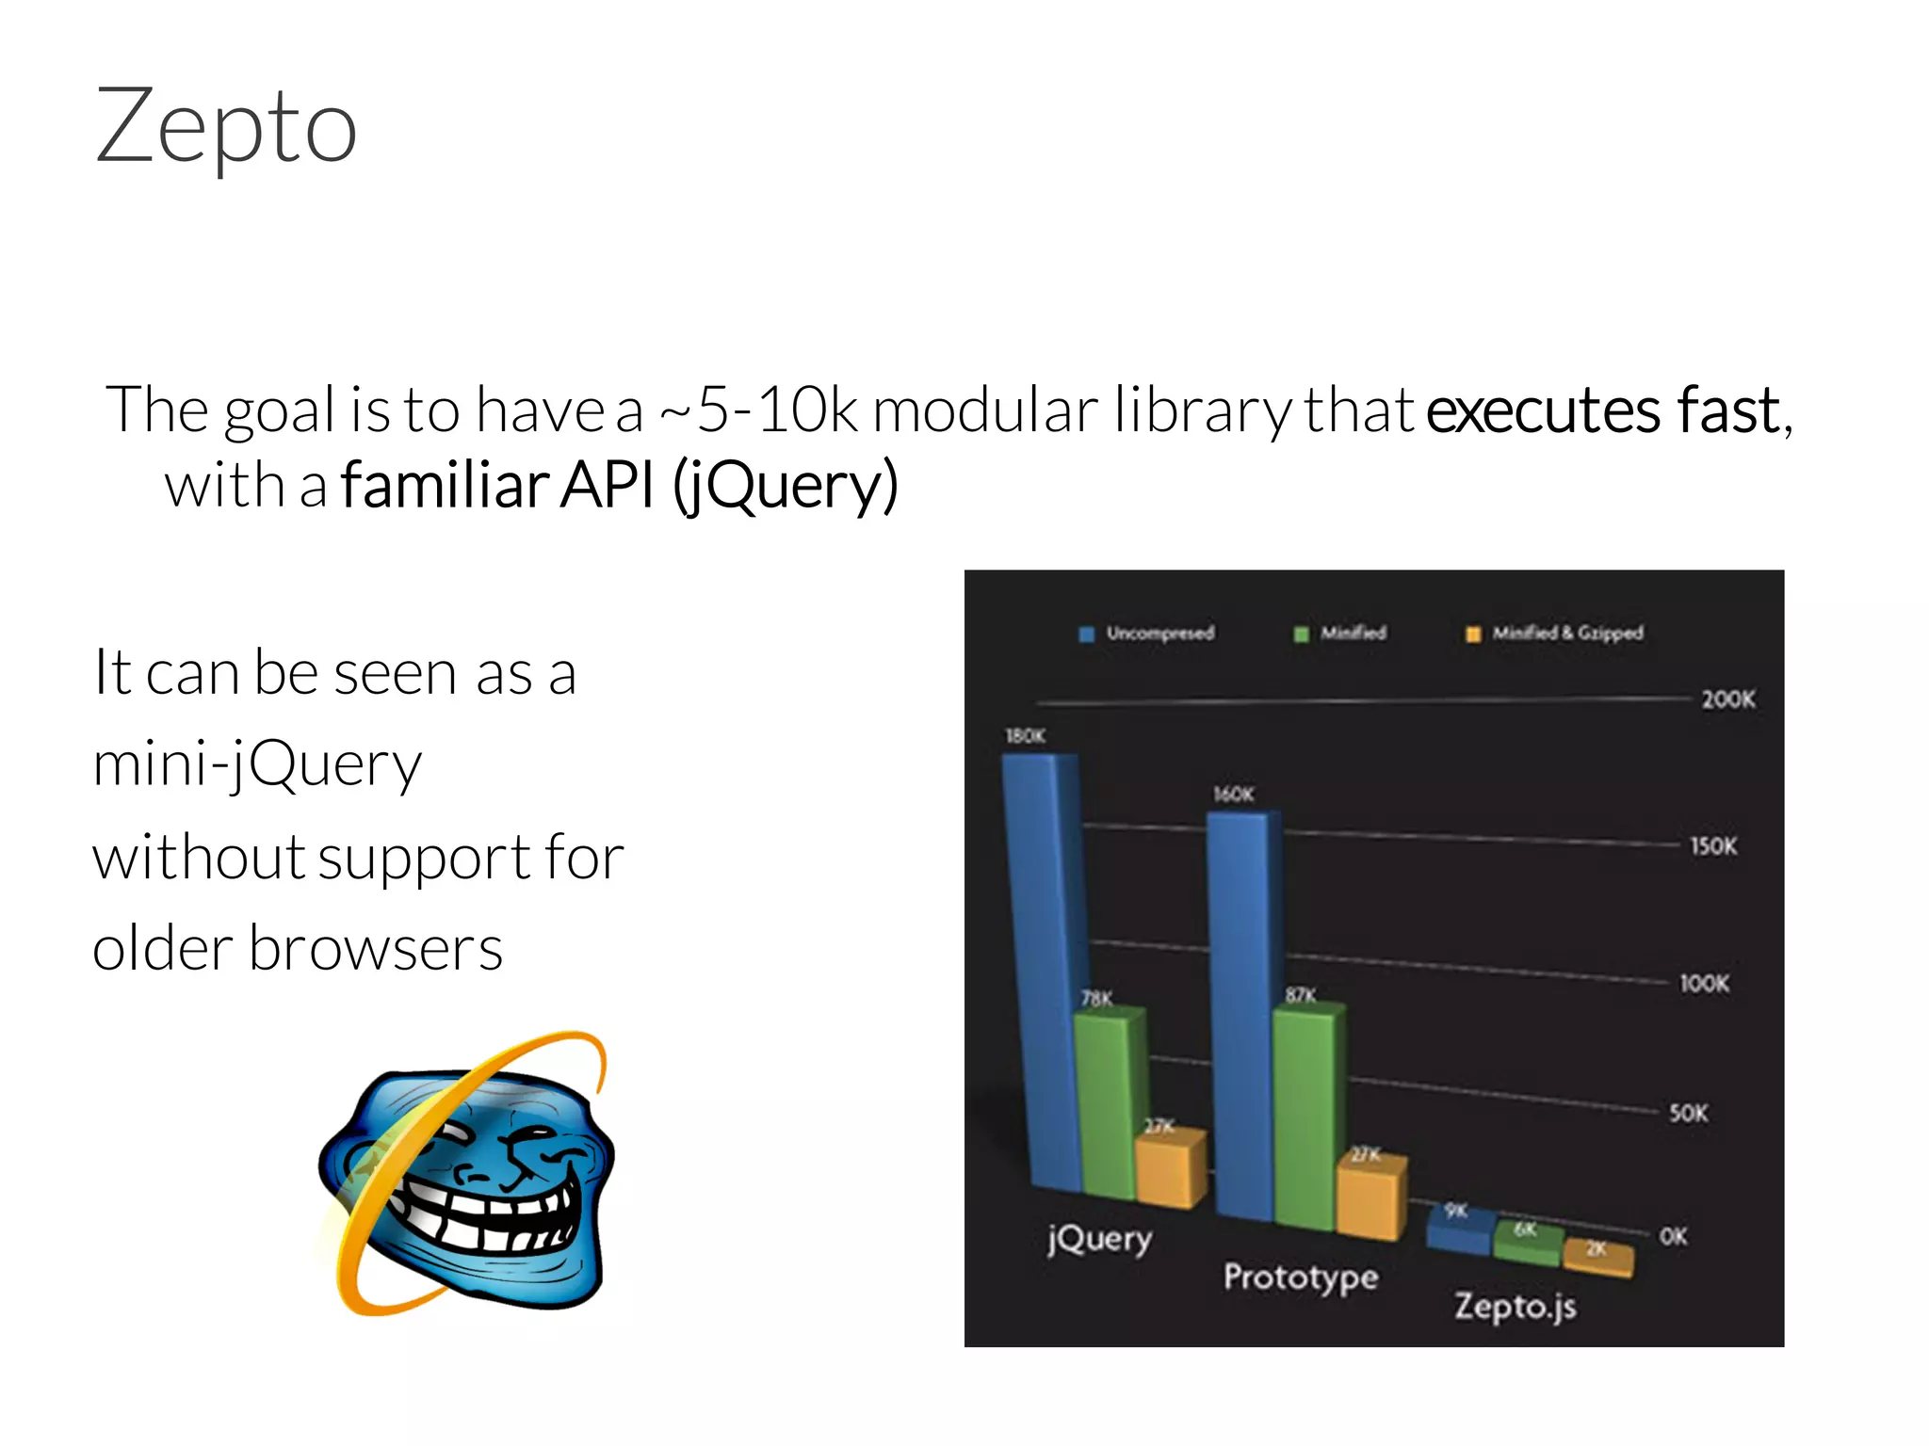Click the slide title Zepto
coord(226,127)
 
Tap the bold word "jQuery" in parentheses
coord(787,486)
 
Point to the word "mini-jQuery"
coord(257,764)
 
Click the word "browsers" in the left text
coord(376,948)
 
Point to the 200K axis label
coord(1727,699)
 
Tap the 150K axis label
coord(1713,846)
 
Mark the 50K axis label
coord(1688,1114)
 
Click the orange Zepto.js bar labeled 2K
coord(1597,1257)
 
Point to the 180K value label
coord(1025,736)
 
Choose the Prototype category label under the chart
coord(1300,1278)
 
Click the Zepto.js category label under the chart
coord(1515,1308)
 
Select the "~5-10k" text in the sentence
coord(759,411)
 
